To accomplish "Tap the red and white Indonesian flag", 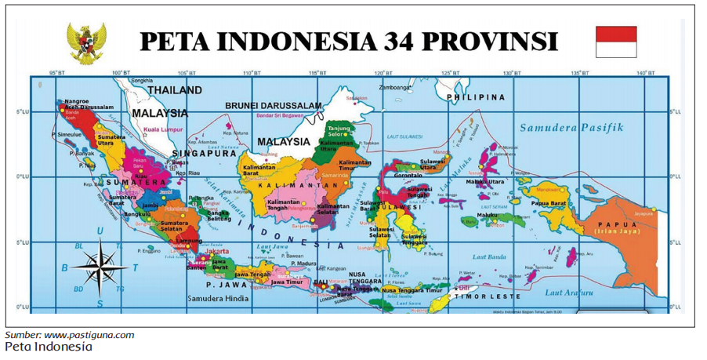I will [x=616, y=42].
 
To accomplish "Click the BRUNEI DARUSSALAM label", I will [x=274, y=106].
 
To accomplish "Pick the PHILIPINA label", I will [x=476, y=97].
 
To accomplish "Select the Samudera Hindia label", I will [x=218, y=299].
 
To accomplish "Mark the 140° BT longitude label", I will [x=645, y=73].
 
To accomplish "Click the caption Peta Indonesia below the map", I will [x=48, y=346].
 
